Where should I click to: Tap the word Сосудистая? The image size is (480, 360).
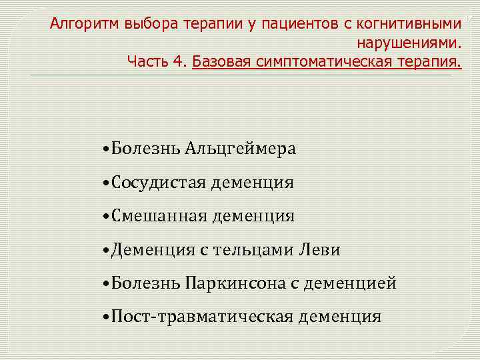tap(159, 182)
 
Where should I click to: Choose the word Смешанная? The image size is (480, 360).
tap(159, 215)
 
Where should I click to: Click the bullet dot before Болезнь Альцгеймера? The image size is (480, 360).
tap(107, 149)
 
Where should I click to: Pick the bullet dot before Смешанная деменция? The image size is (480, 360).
tap(107, 216)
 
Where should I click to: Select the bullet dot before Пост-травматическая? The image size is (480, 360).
tap(107, 317)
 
